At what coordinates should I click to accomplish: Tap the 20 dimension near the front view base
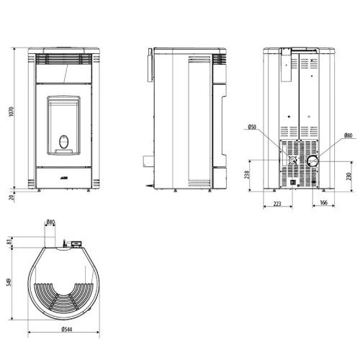pyautogui.click(x=10, y=197)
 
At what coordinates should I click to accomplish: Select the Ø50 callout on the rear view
pyautogui.click(x=252, y=127)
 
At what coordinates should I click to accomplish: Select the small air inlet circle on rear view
pyautogui.click(x=294, y=162)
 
